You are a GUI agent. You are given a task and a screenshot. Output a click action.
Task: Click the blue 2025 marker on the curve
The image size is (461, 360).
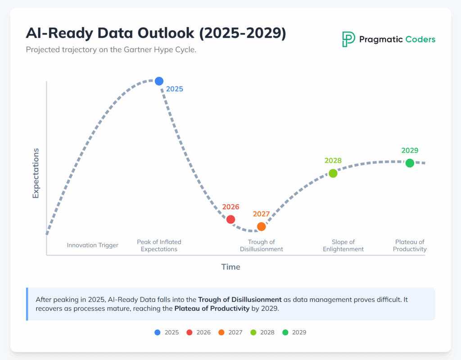[159, 81]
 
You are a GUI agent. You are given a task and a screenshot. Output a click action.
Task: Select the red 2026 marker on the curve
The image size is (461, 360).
[230, 219]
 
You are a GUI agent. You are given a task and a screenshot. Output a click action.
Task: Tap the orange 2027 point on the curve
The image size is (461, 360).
[262, 227]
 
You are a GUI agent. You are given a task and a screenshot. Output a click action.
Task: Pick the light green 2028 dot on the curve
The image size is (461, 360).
[333, 173]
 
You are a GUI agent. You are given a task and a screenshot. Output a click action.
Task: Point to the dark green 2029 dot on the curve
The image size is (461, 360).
[410, 163]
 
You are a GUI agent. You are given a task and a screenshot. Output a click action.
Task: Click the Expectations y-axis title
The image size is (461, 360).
[36, 173]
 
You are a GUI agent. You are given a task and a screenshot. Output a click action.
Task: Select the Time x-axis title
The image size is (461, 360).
[230, 267]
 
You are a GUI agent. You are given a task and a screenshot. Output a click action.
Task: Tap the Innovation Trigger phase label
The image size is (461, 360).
[93, 246]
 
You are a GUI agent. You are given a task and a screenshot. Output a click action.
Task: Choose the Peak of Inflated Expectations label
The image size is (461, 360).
[159, 246]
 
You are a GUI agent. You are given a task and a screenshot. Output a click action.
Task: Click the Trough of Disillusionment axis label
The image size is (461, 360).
[262, 246]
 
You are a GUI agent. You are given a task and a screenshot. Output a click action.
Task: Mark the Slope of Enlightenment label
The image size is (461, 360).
[343, 246]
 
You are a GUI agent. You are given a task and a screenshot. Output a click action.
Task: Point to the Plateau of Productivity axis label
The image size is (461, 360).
[410, 246]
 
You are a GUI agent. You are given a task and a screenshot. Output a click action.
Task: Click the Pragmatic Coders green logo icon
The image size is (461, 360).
[348, 39]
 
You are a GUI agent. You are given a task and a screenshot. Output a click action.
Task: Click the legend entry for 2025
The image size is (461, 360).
[167, 333]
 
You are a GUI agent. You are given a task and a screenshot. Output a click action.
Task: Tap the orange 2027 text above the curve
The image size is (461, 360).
[262, 214]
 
